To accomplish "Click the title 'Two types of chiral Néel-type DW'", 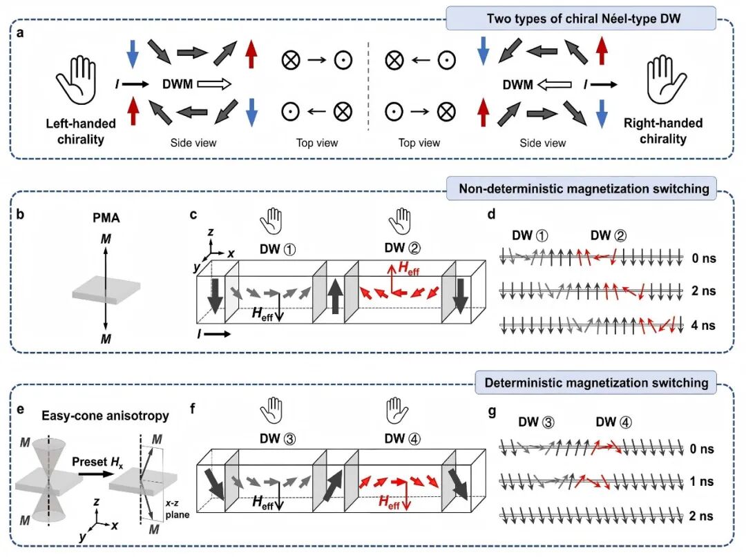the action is pyautogui.click(x=583, y=19).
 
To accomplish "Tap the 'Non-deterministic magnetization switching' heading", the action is pyautogui.click(x=584, y=188).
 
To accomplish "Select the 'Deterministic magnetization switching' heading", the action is pyautogui.click(x=597, y=382).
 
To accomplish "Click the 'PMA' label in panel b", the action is pyautogui.click(x=106, y=217).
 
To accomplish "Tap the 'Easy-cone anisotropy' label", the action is pyautogui.click(x=105, y=416).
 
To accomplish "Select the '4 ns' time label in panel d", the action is pyautogui.click(x=703, y=326).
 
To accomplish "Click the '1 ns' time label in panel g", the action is pyautogui.click(x=702, y=482).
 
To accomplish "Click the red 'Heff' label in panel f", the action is pyautogui.click(x=389, y=501).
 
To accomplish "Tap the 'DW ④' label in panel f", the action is pyautogui.click(x=403, y=439).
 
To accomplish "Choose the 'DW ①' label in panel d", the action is pyautogui.click(x=530, y=235).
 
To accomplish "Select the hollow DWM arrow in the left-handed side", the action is pyautogui.click(x=214, y=84).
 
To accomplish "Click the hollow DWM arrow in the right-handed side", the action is pyautogui.click(x=554, y=85).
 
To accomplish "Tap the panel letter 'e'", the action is pyautogui.click(x=21, y=409).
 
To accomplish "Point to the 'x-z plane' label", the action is pyautogui.click(x=177, y=509).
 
